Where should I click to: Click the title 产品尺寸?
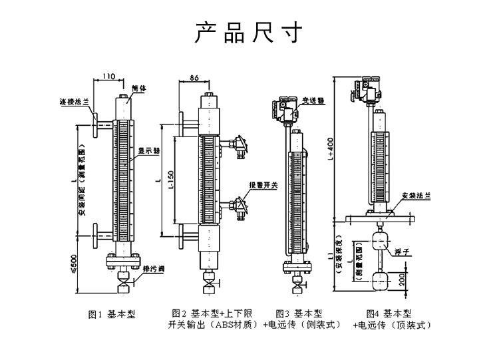pyautogui.click(x=249, y=32)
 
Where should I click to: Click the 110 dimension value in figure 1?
pyautogui.click(x=108, y=76)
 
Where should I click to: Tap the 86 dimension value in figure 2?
pyautogui.click(x=194, y=78)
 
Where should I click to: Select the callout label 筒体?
pyautogui.click(x=138, y=87)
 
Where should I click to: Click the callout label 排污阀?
pyautogui.click(x=154, y=269)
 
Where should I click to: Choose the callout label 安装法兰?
pyautogui.click(x=416, y=196)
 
